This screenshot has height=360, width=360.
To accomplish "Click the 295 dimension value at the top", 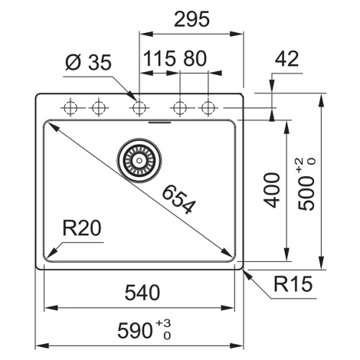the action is click(x=191, y=19).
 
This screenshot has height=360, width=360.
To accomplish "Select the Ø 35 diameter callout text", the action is click(x=88, y=62).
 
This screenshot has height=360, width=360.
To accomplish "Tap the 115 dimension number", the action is click(x=160, y=58).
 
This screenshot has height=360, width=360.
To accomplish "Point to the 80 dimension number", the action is click(x=195, y=58).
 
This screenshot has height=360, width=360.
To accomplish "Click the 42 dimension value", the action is click(x=286, y=59).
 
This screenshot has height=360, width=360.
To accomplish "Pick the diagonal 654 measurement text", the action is click(x=179, y=200).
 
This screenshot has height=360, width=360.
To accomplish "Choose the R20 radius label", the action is click(x=82, y=228).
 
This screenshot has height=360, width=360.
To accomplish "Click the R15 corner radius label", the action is click(x=293, y=283).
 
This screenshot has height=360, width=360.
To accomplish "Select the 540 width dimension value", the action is click(x=142, y=293).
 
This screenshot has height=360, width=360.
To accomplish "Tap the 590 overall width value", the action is click(x=136, y=330).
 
